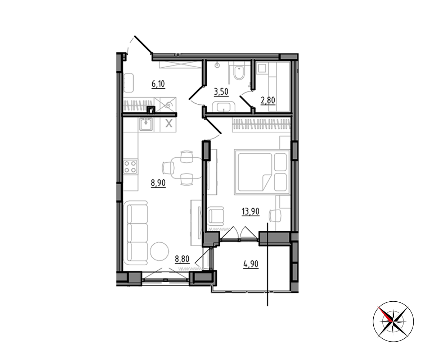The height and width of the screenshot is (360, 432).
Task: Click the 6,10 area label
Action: pos(158,84)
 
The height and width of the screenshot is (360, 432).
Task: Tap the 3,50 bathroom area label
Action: pos(221,92)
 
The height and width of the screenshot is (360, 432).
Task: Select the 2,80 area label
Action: pos(268,100)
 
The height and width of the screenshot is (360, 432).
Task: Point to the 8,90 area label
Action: pos(158,183)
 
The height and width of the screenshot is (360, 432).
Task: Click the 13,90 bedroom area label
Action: pos(251,212)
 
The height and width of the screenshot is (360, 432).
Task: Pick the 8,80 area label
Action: pos(182,259)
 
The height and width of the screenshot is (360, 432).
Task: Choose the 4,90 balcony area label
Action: pos(251,264)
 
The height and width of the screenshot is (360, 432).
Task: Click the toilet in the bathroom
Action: pos(239,72)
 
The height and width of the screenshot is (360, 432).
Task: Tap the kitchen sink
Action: pos(146,124)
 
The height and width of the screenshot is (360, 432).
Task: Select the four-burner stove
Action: pos(130,167)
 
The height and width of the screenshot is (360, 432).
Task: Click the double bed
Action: pos(262,172)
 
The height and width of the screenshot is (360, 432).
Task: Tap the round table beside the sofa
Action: pos(159,251)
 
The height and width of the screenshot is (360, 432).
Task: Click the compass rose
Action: pos(393,322)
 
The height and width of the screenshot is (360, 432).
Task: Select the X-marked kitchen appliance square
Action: pos(169,124)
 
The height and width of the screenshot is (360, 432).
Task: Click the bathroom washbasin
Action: pos(224,107)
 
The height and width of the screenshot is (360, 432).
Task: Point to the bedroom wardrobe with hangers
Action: pos(261,125)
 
